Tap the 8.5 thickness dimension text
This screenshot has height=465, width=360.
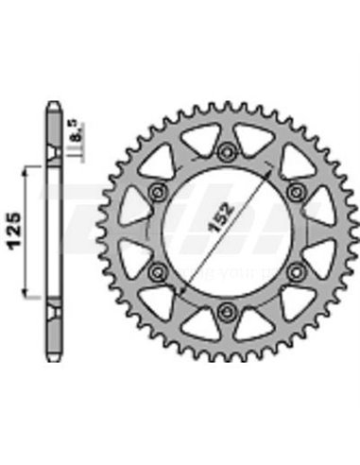coord(87,132)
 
